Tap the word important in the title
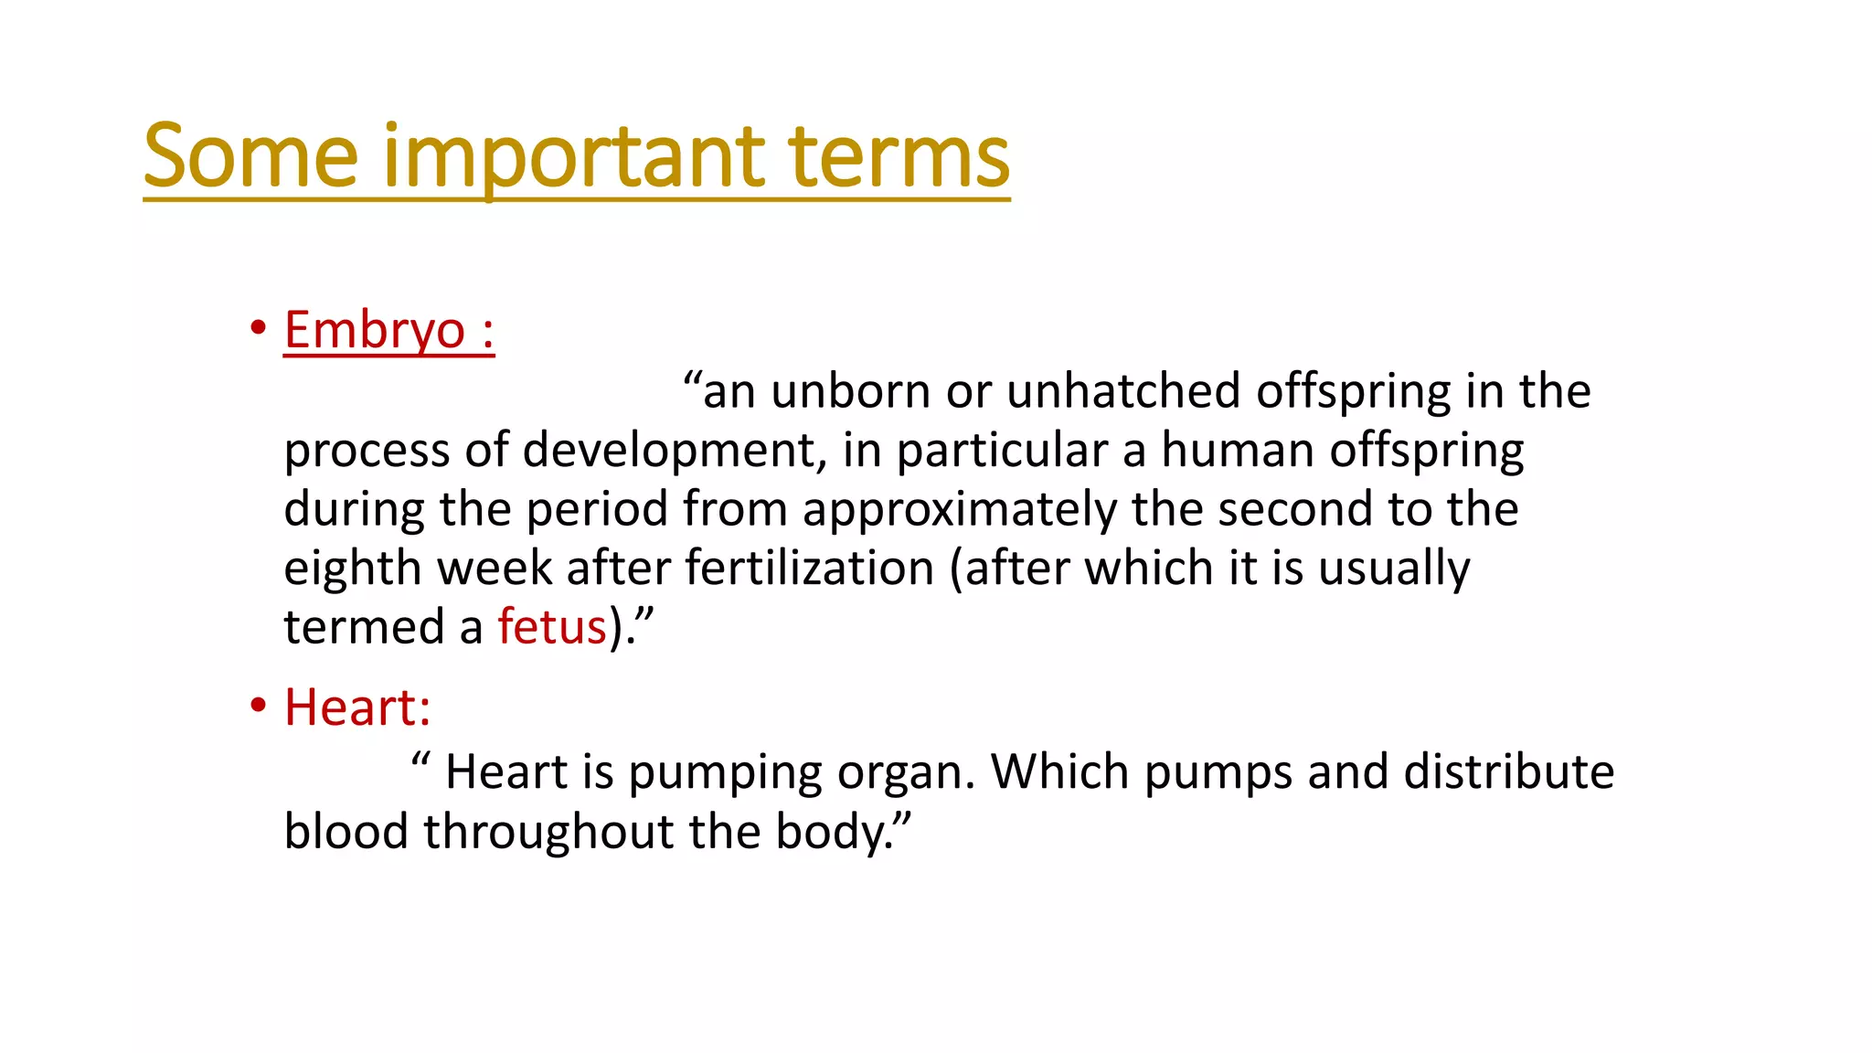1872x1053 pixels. coord(573,156)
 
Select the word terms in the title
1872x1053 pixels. coord(899,156)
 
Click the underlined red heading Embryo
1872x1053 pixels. coord(375,330)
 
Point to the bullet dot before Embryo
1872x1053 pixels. coord(259,327)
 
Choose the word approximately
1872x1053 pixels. coord(960,510)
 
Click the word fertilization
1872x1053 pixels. coord(810,569)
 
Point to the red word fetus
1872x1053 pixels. coord(552,628)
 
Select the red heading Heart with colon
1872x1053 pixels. coord(357,707)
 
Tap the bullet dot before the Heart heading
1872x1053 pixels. coord(259,705)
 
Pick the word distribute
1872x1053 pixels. coord(1509,771)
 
